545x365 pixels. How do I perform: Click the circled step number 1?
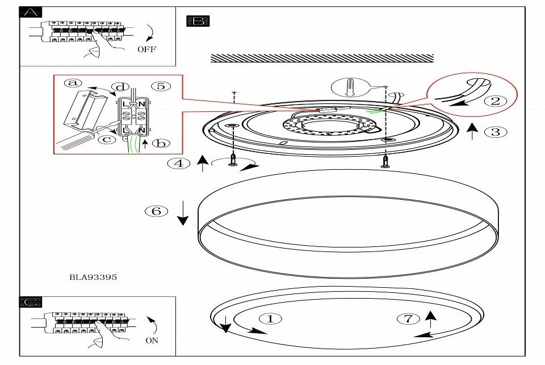click(x=270, y=318)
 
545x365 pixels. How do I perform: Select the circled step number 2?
click(x=496, y=101)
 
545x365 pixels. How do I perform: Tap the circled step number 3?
click(x=496, y=132)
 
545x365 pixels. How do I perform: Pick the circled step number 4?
click(x=179, y=163)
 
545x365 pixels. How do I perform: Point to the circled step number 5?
click(x=161, y=86)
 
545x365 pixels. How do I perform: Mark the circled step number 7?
click(x=408, y=318)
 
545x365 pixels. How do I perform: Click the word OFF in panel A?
click(x=146, y=49)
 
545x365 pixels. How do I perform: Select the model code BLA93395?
click(x=93, y=277)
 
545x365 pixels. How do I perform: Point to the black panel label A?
click(x=31, y=13)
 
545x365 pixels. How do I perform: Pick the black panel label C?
click(x=31, y=303)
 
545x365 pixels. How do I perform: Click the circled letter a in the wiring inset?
click(x=72, y=83)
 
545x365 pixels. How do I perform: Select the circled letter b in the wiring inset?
click(x=161, y=143)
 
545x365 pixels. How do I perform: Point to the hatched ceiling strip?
click(x=322, y=58)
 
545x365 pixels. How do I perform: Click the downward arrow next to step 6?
click(x=182, y=213)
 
